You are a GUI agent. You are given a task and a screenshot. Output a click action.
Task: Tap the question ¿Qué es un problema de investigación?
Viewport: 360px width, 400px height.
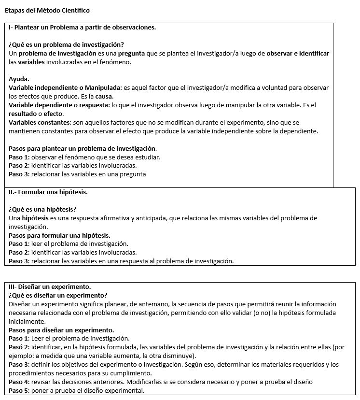click(66, 44)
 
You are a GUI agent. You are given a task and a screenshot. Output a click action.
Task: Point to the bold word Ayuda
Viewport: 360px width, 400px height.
click(19, 79)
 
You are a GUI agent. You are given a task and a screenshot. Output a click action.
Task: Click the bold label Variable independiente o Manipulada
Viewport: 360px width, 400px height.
click(65, 87)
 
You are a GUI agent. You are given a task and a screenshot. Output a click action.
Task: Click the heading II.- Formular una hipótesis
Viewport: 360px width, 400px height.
click(48, 192)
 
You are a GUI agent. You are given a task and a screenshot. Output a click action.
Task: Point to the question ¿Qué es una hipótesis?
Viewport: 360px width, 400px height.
click(42, 209)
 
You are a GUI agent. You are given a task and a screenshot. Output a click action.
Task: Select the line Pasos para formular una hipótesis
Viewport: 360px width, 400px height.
click(60, 235)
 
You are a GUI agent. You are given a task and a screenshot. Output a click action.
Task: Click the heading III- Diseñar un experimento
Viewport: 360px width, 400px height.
click(50, 286)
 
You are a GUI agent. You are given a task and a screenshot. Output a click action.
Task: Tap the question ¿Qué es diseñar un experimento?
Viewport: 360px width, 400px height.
click(58, 295)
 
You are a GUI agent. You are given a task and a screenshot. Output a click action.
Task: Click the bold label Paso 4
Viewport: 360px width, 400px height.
click(19, 382)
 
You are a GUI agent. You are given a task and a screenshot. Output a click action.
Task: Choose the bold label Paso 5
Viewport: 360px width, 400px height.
click(19, 390)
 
